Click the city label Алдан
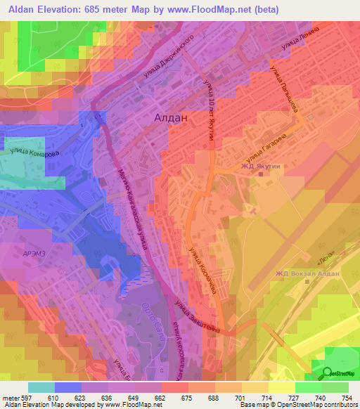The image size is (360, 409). click(170, 119)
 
